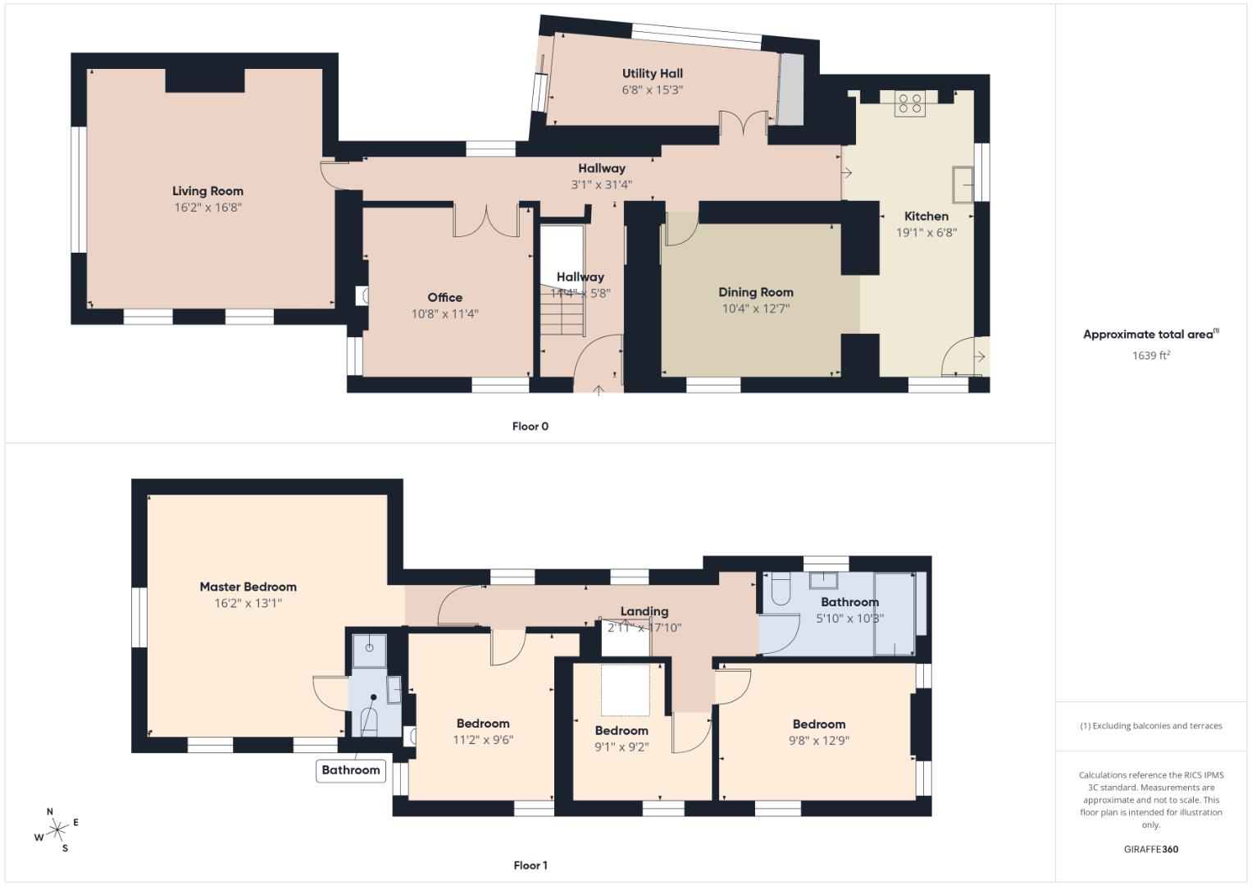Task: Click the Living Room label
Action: coord(207,191)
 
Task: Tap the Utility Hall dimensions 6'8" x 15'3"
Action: coord(652,90)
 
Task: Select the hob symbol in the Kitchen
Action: coord(910,104)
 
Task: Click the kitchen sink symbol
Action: coord(962,185)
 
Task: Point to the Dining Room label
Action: coord(755,292)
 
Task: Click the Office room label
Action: coord(444,298)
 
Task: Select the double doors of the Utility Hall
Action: coord(744,124)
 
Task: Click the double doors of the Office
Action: coord(486,221)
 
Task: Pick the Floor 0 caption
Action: coord(530,427)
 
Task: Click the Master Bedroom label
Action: coord(248,587)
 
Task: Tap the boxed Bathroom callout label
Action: coord(351,770)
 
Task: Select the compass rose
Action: coord(57,831)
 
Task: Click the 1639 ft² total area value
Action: coord(1150,355)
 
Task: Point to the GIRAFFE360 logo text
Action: coord(1150,849)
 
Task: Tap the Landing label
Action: coord(644,611)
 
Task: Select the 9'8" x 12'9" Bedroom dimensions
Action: coord(818,740)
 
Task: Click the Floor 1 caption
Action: coord(530,865)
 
